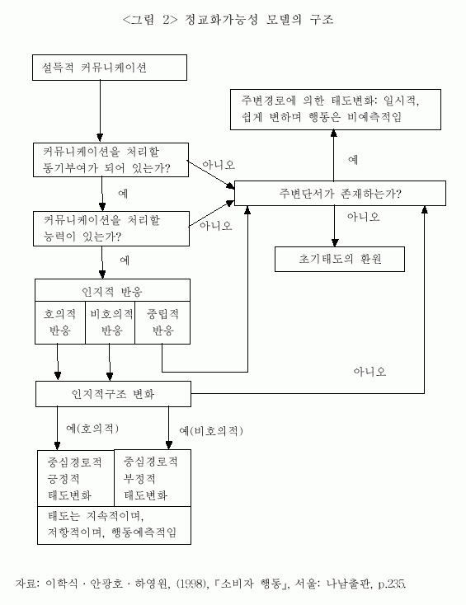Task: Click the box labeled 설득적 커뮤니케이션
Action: tap(110, 68)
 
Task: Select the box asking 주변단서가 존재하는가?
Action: tap(340, 193)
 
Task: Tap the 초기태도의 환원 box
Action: tap(340, 259)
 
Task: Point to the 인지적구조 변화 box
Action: tap(113, 394)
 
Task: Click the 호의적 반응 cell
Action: tap(60, 322)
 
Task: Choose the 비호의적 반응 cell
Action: tap(110, 322)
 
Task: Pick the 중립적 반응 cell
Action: tap(162, 322)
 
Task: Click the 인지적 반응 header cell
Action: tap(112, 290)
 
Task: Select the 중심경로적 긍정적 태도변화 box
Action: tap(76, 478)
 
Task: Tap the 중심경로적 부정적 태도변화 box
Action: tap(153, 478)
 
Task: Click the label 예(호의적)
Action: tap(92, 429)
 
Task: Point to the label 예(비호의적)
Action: tap(211, 430)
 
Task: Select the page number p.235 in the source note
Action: tap(392, 584)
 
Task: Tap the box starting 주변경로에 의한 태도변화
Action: tap(336, 110)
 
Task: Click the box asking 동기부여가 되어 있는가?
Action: tap(111, 160)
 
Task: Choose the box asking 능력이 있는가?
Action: tap(111, 228)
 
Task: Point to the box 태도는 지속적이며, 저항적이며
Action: tap(115, 525)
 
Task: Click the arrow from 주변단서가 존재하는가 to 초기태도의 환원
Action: tap(335, 226)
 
